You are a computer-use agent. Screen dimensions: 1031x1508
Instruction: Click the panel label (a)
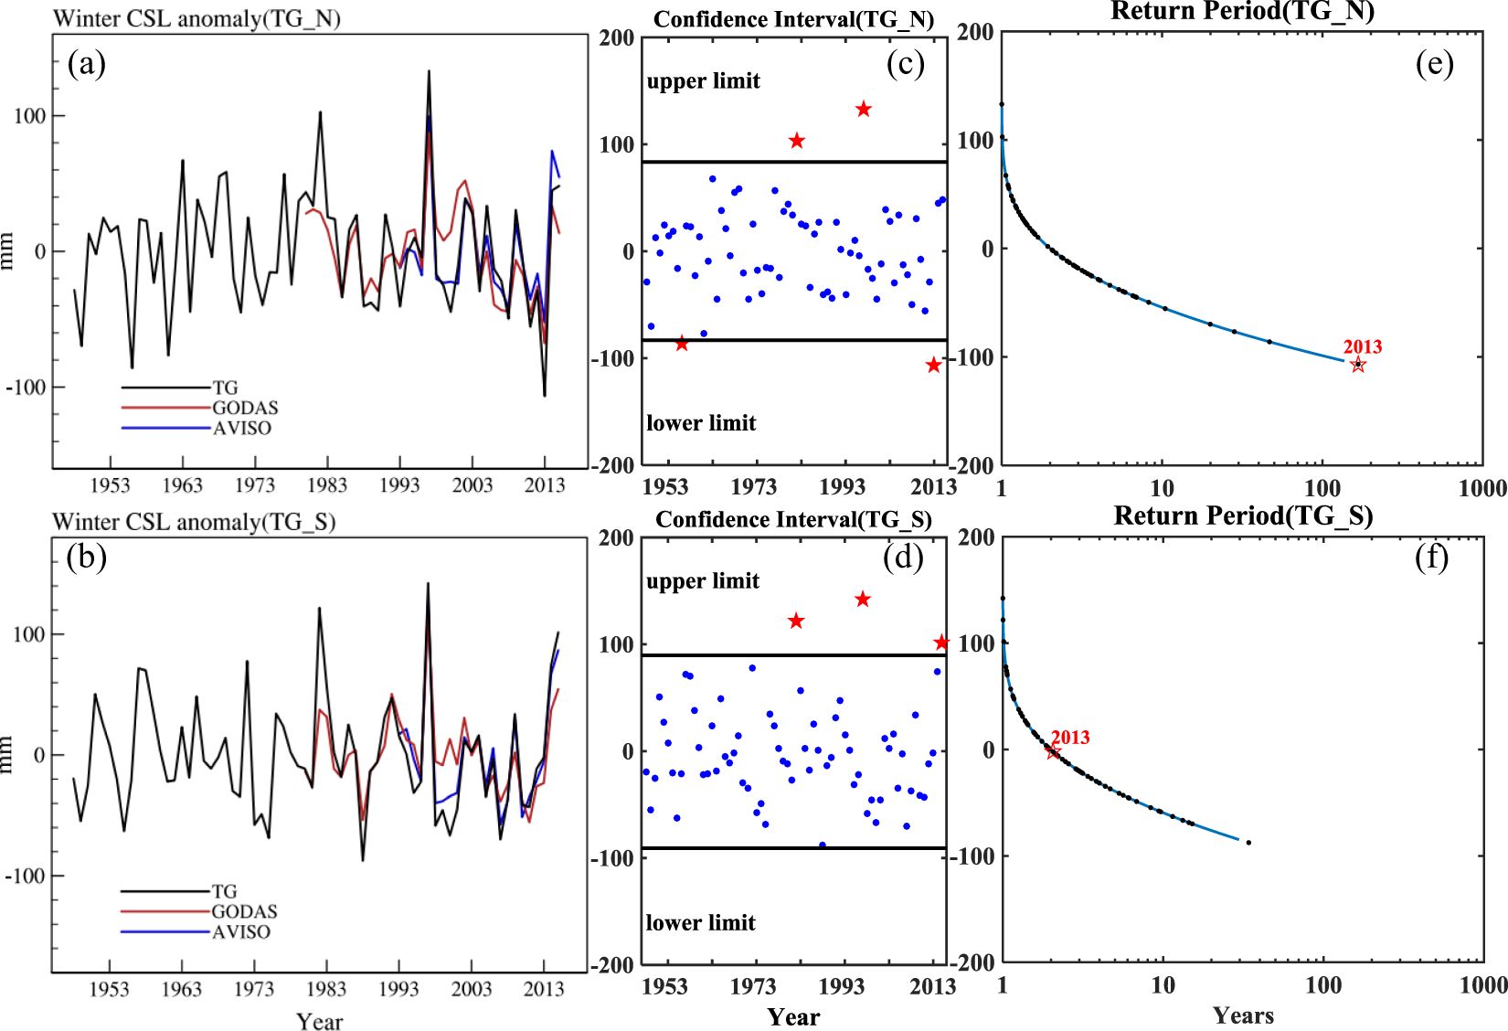(87, 65)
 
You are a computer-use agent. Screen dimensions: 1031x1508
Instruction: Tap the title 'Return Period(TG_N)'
(1242, 11)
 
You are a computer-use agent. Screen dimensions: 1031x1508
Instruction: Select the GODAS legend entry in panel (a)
(245, 408)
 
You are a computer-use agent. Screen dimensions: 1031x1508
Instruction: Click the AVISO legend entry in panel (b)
(241, 931)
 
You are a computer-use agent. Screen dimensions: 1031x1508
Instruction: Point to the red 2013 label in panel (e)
(1362, 346)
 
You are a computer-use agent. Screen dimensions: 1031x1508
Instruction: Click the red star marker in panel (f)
(1053, 751)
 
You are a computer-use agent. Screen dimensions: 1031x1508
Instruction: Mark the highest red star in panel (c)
(864, 110)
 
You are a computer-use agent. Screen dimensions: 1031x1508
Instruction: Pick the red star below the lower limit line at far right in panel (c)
(933, 366)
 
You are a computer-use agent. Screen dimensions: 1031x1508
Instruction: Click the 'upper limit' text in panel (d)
(703, 581)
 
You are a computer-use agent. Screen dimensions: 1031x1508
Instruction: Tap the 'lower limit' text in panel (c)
(701, 423)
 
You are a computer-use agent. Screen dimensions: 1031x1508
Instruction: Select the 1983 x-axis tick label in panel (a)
(326, 485)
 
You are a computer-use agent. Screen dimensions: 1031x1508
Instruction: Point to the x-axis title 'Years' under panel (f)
(1243, 1015)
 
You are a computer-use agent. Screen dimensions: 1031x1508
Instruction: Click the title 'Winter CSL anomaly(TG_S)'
(194, 522)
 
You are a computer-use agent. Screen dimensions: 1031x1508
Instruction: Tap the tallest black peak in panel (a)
(429, 72)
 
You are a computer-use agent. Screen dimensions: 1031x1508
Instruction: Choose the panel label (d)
(903, 557)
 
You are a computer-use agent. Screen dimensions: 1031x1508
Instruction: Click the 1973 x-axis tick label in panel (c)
(753, 486)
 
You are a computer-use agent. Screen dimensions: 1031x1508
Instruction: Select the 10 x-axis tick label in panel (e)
(1162, 488)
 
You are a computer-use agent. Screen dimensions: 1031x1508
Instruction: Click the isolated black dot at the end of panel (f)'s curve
(1248, 842)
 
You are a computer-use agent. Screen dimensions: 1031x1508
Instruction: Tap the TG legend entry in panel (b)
(224, 891)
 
